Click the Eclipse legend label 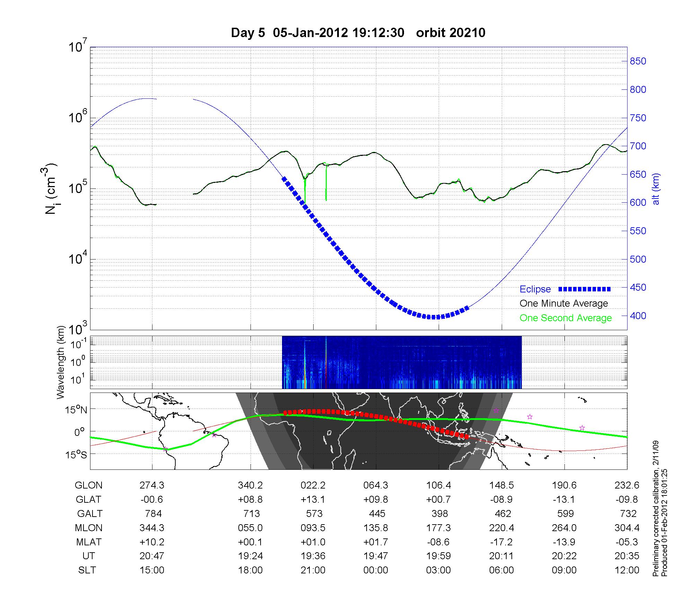(x=535, y=289)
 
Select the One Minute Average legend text (x=564, y=304)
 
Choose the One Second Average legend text (x=565, y=318)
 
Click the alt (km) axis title (x=656, y=189)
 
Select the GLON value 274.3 (x=152, y=485)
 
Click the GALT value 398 (x=439, y=513)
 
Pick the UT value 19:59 (x=439, y=556)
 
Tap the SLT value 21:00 (x=313, y=570)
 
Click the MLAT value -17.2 (x=501, y=542)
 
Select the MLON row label (x=88, y=528)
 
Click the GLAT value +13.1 (x=313, y=499)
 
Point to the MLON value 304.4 (x=627, y=528)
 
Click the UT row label (x=88, y=556)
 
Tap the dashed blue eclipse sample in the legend (x=585, y=289)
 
